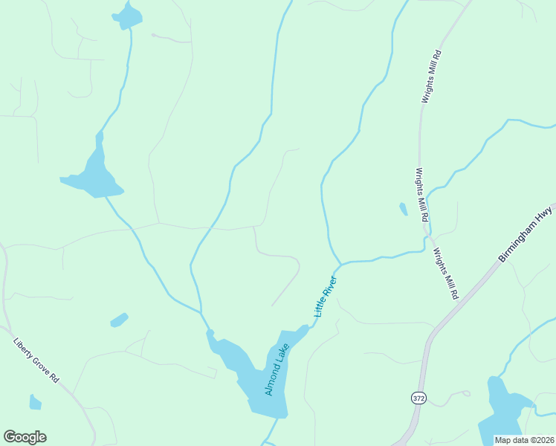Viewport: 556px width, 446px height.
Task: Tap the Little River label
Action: tap(326, 297)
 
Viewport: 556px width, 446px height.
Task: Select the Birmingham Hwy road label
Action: tap(527, 233)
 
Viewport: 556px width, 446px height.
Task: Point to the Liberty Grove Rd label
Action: tap(36, 361)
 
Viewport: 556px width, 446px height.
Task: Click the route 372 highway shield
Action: tap(418, 398)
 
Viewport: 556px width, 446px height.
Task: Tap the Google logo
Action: tap(25, 437)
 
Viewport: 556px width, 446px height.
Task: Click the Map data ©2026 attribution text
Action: tap(524, 440)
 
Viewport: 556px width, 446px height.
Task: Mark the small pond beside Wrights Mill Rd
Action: tap(403, 209)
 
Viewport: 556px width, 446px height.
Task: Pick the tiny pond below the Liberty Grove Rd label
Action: tap(35, 402)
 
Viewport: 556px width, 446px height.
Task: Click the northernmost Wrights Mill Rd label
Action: tap(431, 76)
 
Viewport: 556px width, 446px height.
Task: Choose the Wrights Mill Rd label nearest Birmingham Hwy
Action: tap(446, 274)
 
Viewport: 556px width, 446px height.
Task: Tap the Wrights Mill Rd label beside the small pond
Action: tap(421, 195)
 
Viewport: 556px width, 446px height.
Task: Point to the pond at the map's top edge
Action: tap(128, 16)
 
